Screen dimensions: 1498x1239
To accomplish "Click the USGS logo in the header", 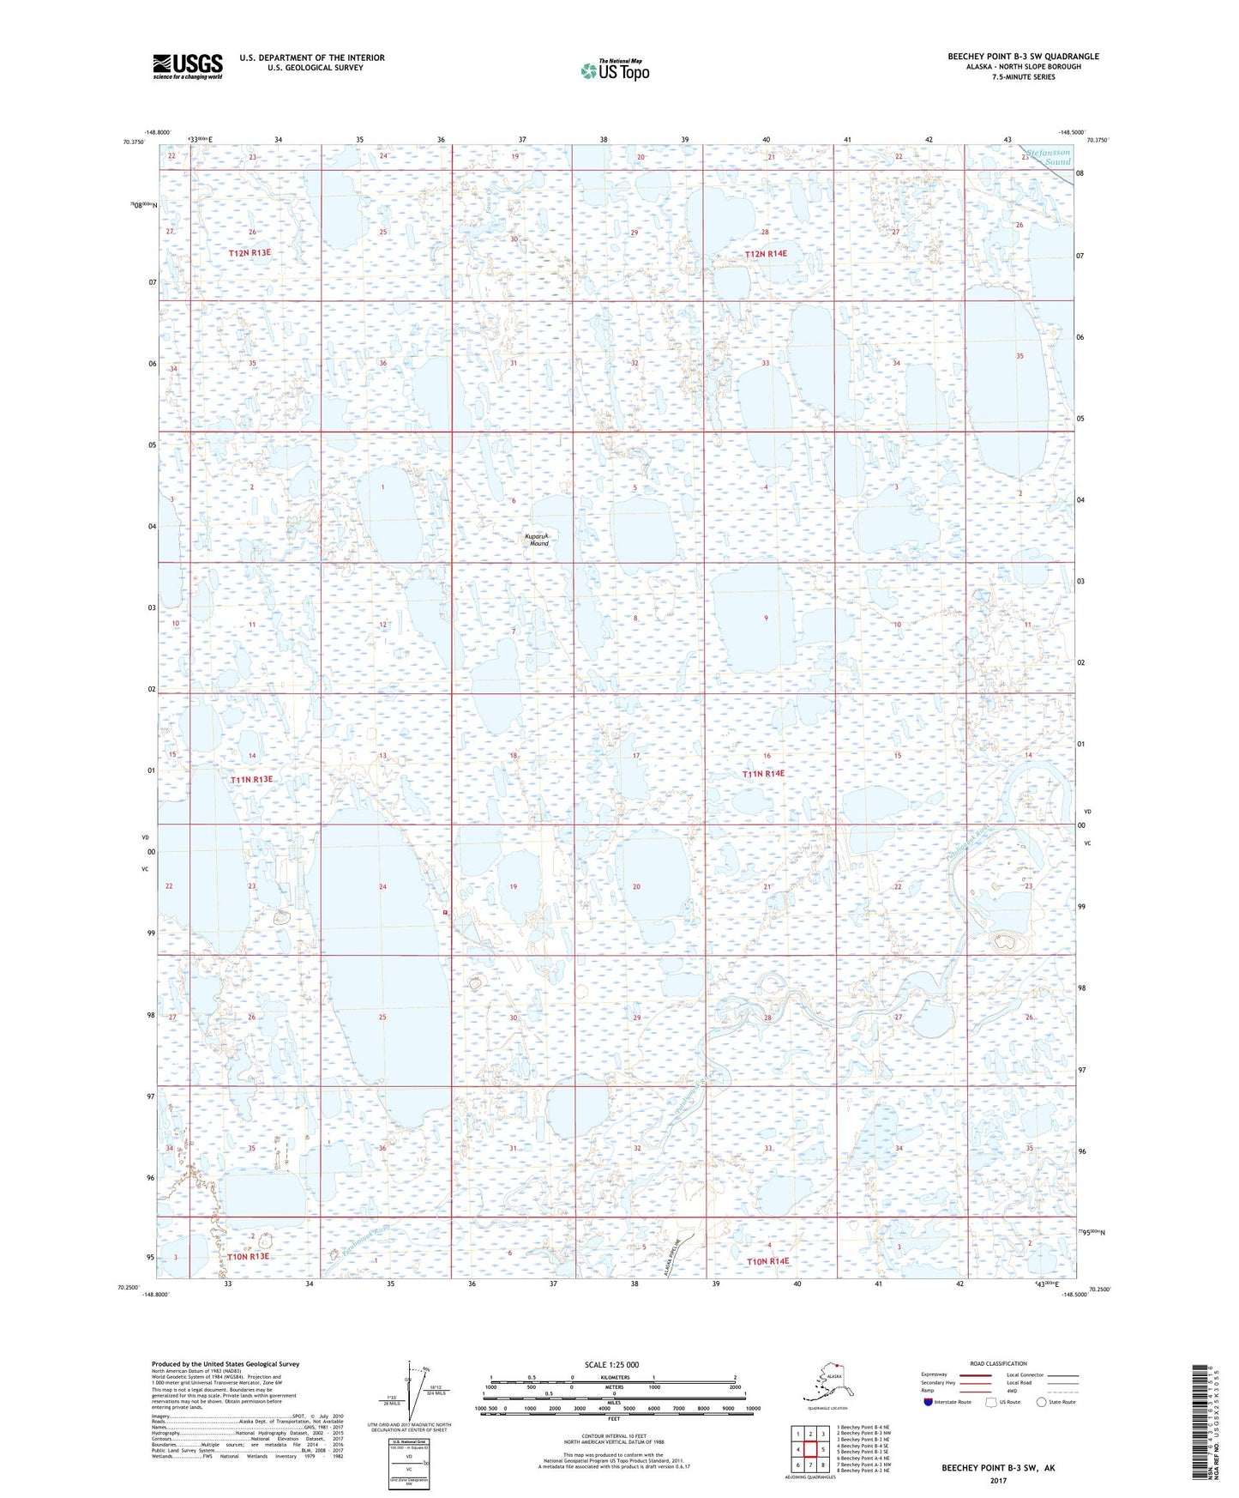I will point(187,66).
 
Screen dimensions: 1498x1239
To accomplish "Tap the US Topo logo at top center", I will point(614,69).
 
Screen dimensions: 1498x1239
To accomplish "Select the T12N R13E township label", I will point(250,253).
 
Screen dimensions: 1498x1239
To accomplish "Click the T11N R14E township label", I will point(763,773).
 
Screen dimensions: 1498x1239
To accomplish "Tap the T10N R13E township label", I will point(248,1256).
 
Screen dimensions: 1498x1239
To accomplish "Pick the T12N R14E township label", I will point(766,254).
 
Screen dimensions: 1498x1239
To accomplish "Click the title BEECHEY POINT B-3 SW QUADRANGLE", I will point(1023,57).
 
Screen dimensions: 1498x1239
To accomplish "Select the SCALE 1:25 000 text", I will point(611,1364).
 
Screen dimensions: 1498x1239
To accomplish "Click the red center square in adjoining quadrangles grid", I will point(810,1449).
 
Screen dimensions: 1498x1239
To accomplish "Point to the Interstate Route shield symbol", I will point(929,1402).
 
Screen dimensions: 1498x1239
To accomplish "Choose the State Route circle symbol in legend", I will point(1042,1402).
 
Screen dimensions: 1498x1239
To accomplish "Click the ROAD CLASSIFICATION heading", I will point(998,1363).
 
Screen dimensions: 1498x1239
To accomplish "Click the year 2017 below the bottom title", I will point(998,1479).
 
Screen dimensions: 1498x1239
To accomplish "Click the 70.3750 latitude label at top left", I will point(134,142).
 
